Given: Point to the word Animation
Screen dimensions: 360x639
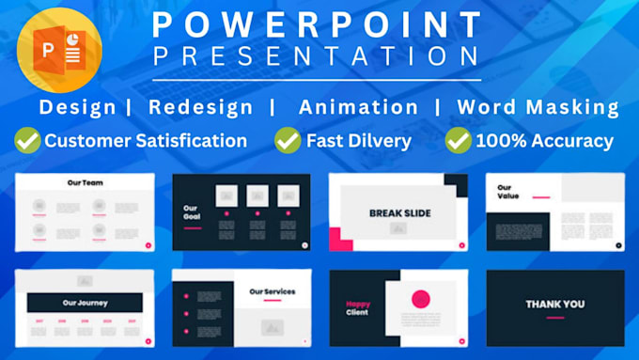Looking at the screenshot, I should point(358,107).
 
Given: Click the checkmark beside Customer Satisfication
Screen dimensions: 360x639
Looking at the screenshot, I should point(27,142).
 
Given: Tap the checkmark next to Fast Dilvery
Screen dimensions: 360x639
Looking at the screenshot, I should point(287,142).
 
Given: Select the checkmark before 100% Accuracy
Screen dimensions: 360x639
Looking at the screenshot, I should point(458,142).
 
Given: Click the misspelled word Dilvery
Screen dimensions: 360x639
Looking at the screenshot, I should point(378,142).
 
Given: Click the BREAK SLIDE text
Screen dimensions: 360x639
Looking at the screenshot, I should point(399,213).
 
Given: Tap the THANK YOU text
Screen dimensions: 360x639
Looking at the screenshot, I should point(554,304).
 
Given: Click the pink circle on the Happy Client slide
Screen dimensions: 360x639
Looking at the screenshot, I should point(421,300).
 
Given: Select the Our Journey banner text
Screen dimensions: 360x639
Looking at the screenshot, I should point(85,303).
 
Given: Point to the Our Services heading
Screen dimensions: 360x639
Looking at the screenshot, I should point(273,292).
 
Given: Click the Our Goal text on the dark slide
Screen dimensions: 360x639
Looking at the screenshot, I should point(192,212).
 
